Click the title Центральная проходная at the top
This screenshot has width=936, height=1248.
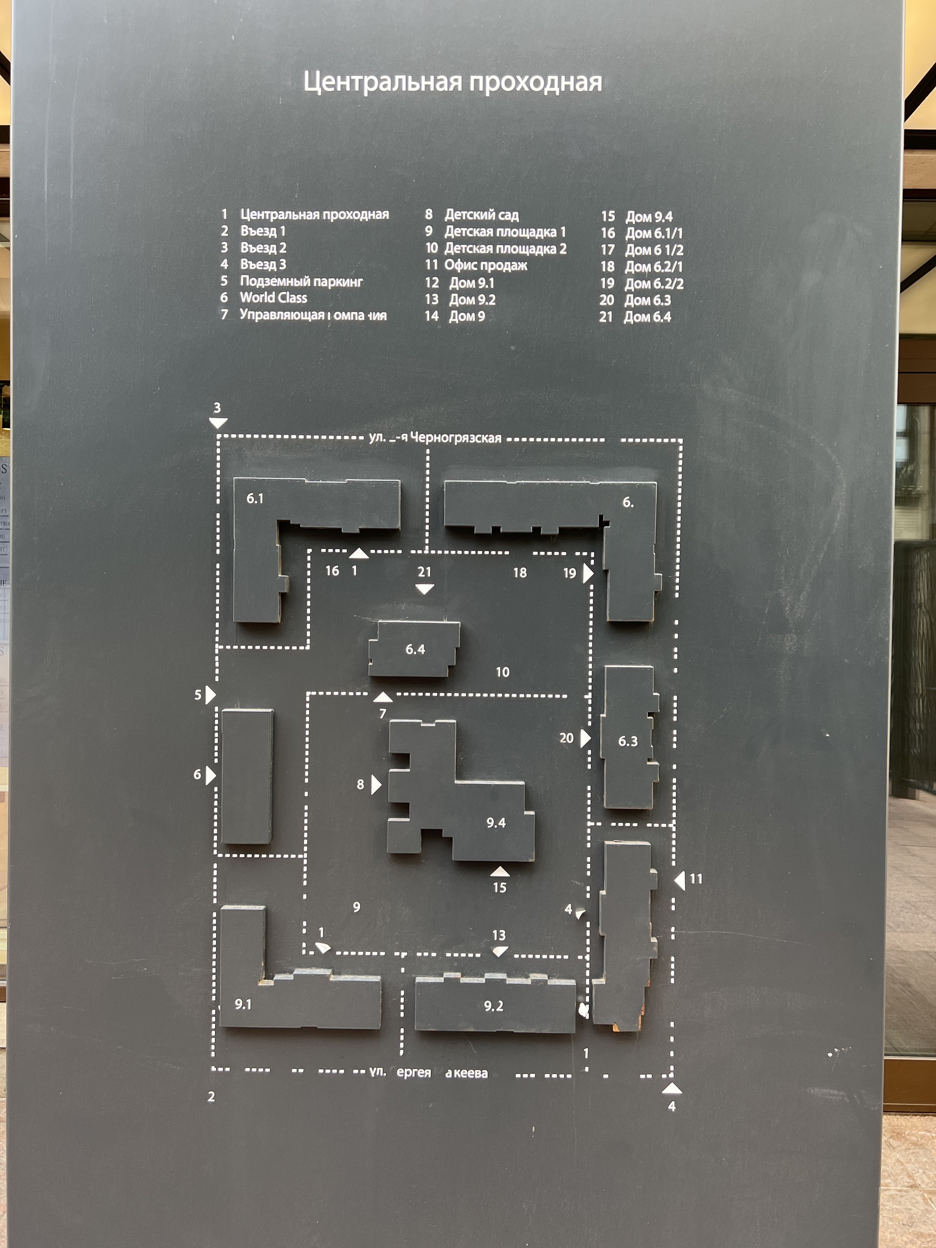452,82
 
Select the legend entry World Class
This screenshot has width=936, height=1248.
273,298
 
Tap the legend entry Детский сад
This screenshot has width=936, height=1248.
481,215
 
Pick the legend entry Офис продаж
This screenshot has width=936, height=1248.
485,265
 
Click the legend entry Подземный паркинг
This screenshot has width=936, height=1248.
301,282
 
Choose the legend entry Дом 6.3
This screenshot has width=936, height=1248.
647,300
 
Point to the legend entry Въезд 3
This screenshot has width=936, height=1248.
263,265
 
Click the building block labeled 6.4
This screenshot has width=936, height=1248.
415,649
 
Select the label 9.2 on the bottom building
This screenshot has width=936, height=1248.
494,1006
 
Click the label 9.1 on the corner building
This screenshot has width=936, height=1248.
243,1004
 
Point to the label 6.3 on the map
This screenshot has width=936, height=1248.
628,741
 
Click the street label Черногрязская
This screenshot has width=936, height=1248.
455,438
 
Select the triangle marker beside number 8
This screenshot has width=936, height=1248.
376,785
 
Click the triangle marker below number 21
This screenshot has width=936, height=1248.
424,589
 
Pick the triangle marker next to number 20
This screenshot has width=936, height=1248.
585,738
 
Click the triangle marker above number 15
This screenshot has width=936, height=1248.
500,872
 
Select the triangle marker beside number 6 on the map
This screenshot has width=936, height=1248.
211,775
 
